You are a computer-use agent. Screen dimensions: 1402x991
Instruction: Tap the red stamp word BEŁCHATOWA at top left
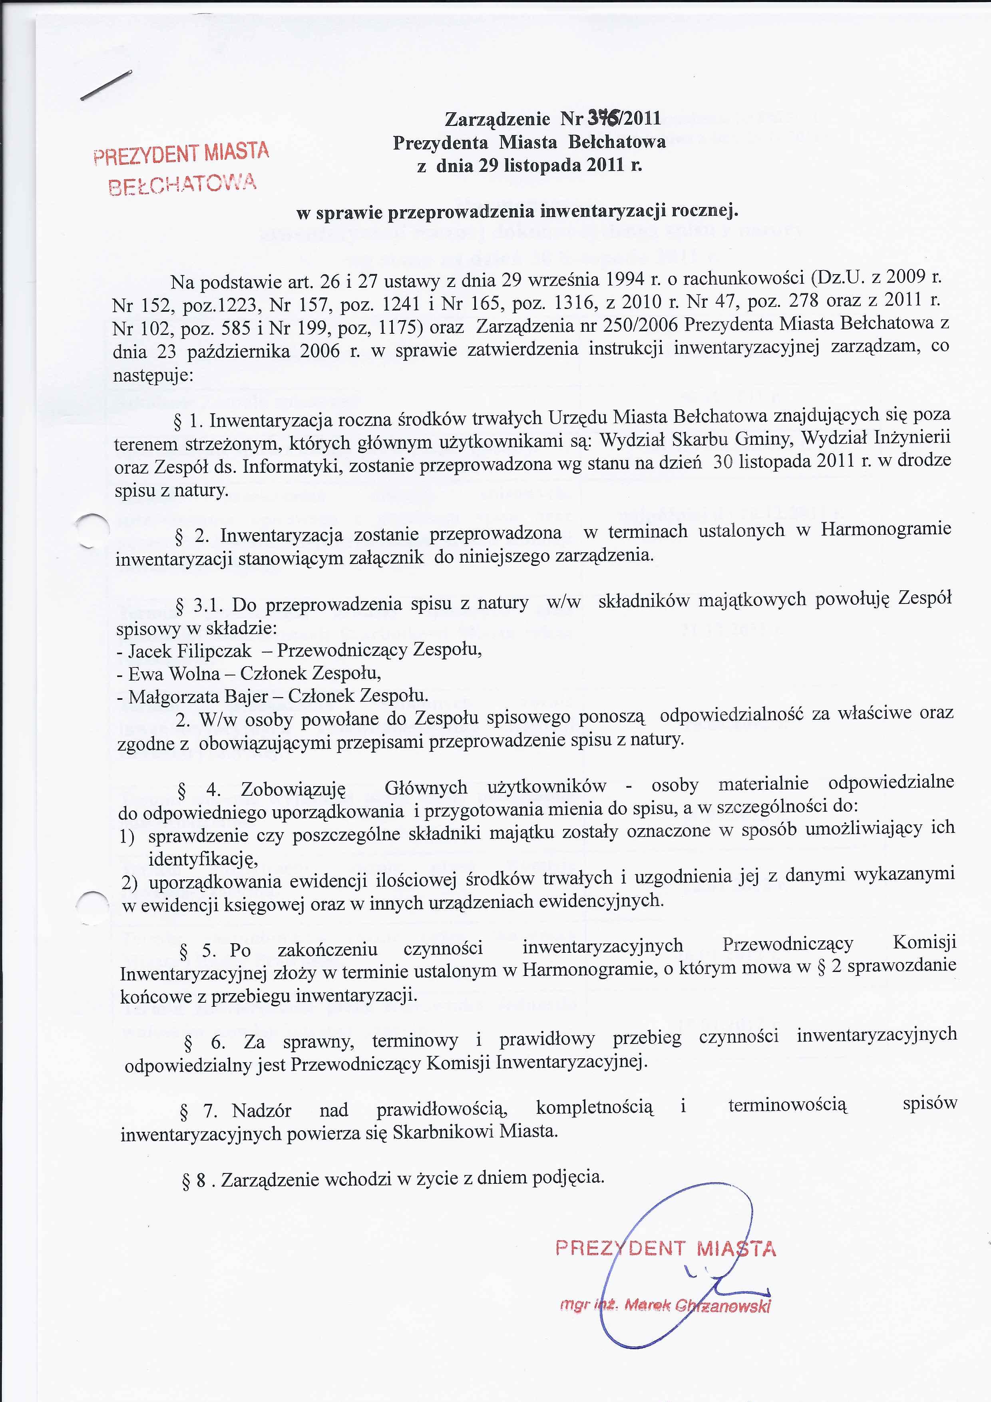click(x=182, y=184)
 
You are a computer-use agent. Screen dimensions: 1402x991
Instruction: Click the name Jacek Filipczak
click(x=189, y=651)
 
